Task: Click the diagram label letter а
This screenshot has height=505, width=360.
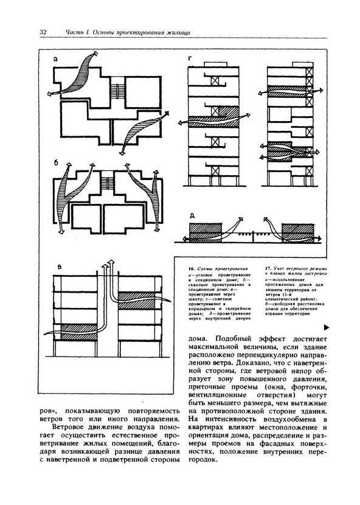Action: tap(55, 59)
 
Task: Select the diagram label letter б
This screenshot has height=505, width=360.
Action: tap(55, 163)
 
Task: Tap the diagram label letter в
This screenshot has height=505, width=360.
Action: tap(58, 267)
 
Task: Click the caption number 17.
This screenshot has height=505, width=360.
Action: tap(268, 268)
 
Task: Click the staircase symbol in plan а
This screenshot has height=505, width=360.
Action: tap(115, 92)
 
